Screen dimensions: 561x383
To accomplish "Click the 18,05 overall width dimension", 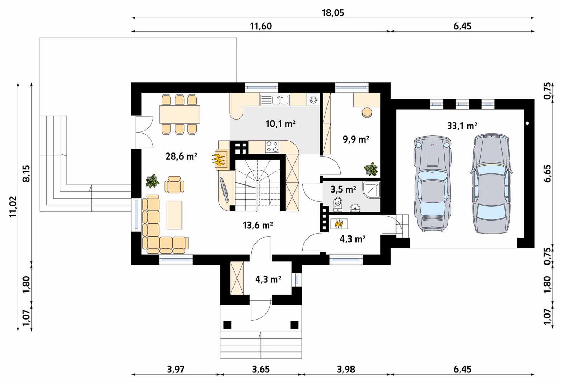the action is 333,13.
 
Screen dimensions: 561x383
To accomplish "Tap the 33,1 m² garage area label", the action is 462,126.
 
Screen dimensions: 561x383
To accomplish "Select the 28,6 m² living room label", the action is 181,156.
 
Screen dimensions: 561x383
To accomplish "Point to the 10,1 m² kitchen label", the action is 281,124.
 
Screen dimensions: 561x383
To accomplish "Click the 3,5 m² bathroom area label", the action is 343,190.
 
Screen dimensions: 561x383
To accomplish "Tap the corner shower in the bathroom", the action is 371,190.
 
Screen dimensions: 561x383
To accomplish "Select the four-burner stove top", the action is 272,146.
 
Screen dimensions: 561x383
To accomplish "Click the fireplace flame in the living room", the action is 219,160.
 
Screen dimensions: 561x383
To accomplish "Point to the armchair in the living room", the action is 174,184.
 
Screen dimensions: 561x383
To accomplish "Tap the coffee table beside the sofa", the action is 175,215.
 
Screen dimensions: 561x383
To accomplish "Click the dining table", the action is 180,114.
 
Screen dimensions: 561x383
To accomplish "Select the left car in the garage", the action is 433,184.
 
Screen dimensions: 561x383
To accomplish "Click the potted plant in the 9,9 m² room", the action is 371,169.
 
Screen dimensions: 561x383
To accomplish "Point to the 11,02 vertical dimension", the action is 13,207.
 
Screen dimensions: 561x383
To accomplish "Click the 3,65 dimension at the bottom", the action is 261,369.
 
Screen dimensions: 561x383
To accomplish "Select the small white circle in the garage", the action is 527,123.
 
